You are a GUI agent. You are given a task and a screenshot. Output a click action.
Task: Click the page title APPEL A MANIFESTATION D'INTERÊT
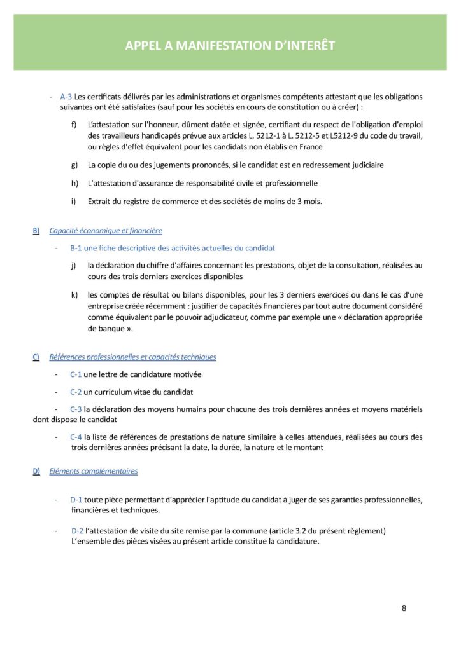coord(230,46)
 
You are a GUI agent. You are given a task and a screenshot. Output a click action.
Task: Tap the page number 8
coord(404,608)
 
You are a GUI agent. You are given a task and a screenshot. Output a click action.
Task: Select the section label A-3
coord(66,97)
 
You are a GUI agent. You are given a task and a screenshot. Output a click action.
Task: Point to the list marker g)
coord(74,165)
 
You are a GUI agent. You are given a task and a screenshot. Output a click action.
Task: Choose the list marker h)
coord(74,184)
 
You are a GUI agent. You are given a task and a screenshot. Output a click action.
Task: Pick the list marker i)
coord(73,202)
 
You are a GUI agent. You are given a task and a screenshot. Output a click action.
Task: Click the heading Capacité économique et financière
coord(105,230)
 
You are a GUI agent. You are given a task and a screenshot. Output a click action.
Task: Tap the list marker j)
coord(74,265)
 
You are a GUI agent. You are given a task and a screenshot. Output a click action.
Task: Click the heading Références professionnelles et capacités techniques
coord(132,357)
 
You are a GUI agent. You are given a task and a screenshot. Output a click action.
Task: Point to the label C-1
coord(76,374)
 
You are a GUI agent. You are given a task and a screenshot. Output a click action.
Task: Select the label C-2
coord(76,392)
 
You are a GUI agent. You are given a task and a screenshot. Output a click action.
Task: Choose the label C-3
coord(76,409)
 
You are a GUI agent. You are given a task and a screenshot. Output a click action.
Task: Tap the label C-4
coord(76,437)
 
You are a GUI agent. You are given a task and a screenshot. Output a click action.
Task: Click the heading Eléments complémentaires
coord(93,471)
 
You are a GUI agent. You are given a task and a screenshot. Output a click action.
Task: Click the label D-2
coord(78,530)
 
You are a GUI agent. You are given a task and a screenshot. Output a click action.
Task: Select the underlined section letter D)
coord(36,471)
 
